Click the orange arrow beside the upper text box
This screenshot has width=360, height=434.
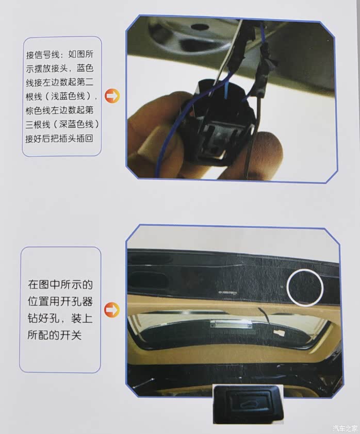pyautogui.click(x=112, y=96)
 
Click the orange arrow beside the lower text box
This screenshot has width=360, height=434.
pyautogui.click(x=111, y=310)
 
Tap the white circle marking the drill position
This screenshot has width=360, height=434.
pyautogui.click(x=305, y=287)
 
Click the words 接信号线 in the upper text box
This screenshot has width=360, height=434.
pyautogui.click(x=43, y=55)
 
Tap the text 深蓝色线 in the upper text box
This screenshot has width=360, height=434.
pyautogui.click(x=76, y=124)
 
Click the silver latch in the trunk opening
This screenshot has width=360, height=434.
pyautogui.click(x=232, y=324)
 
